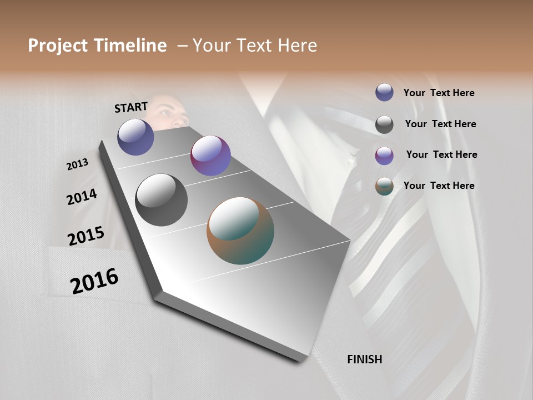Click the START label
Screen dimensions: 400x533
pos(131,107)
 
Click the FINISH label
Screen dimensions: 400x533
pos(365,359)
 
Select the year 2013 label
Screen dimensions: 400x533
pos(78,164)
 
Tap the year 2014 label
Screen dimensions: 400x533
pos(82,197)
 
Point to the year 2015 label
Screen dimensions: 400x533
pos(86,236)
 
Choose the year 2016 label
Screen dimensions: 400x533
pos(94,281)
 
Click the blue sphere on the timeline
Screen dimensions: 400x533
pos(135,137)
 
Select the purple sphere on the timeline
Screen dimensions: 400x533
pos(210,156)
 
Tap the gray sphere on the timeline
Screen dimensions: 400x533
pos(162,200)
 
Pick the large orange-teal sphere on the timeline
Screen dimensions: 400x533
pos(240,231)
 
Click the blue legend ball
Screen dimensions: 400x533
pos(384,92)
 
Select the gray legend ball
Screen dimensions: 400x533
pos(384,124)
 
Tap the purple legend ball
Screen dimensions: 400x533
pos(384,156)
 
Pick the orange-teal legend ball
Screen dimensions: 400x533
pos(384,187)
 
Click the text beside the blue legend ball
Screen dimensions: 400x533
pos(439,93)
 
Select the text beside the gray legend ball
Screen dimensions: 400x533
pos(440,124)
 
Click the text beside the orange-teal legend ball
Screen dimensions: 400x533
pos(439,186)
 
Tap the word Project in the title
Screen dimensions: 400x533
pos(58,46)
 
